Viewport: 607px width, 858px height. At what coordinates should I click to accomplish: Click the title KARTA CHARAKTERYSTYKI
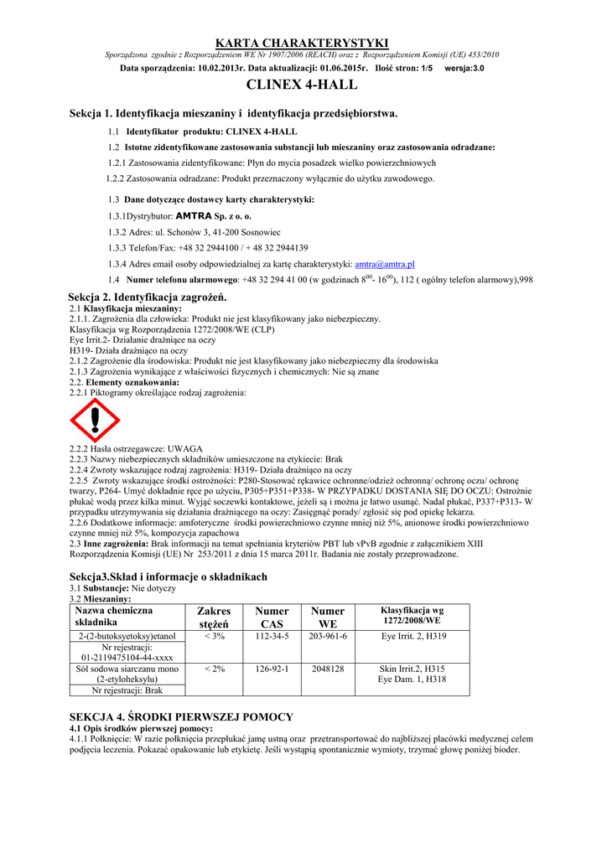pyautogui.click(x=303, y=43)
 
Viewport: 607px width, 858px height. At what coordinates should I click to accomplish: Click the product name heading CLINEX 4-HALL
pyautogui.click(x=303, y=85)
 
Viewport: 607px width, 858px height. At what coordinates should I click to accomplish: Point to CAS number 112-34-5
pyautogui.click(x=272, y=637)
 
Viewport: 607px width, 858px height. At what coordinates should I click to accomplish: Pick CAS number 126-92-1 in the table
pyautogui.click(x=272, y=669)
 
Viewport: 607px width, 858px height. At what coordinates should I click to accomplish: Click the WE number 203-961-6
pyautogui.click(x=328, y=637)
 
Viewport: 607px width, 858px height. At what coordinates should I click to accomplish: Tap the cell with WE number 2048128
pyautogui.click(x=328, y=669)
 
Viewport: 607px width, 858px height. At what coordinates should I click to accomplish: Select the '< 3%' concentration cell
pyautogui.click(x=214, y=637)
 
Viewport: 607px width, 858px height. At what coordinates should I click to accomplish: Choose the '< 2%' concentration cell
pyautogui.click(x=214, y=669)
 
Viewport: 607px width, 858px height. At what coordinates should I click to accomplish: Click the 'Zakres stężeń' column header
pyautogui.click(x=214, y=618)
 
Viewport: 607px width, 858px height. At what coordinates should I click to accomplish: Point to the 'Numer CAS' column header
pyautogui.click(x=272, y=618)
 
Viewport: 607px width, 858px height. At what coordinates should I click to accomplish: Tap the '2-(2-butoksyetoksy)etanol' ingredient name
pyautogui.click(x=126, y=637)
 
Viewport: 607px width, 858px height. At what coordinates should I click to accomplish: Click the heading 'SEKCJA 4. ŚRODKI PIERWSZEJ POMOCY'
pyautogui.click(x=181, y=717)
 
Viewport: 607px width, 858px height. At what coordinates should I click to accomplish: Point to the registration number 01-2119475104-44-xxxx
pyautogui.click(x=126, y=659)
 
